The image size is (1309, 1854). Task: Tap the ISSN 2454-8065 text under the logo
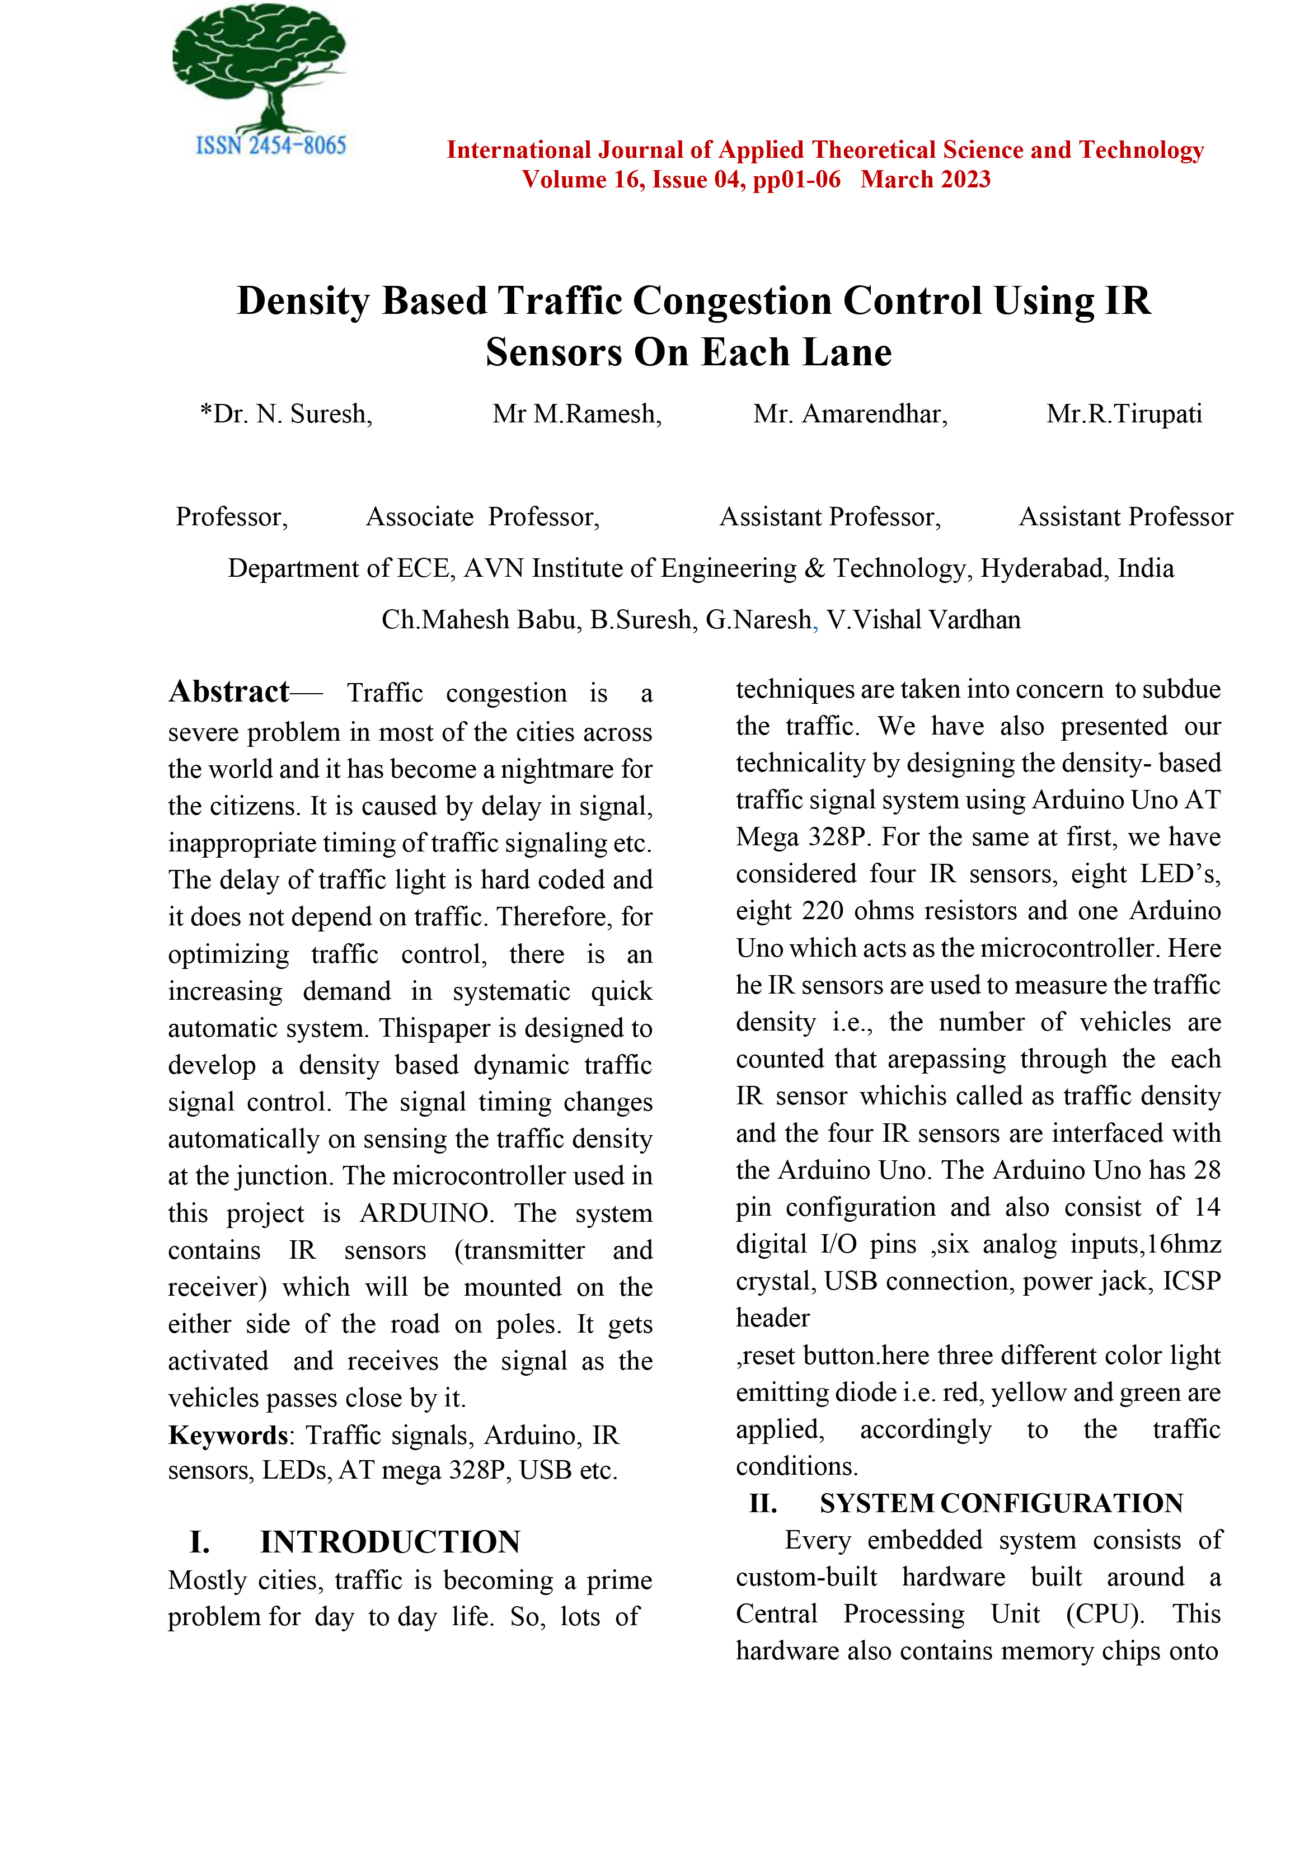point(270,145)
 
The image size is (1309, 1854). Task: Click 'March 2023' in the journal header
point(926,179)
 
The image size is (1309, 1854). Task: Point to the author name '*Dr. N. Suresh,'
point(286,414)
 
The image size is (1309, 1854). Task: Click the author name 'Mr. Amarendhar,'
point(850,414)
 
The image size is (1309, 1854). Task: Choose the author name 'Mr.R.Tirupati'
point(1124,414)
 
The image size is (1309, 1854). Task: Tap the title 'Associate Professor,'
point(483,517)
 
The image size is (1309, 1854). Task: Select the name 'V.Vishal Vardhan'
point(923,620)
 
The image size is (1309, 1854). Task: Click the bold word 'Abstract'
point(228,692)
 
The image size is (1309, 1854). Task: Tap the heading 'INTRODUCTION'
point(390,1541)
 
